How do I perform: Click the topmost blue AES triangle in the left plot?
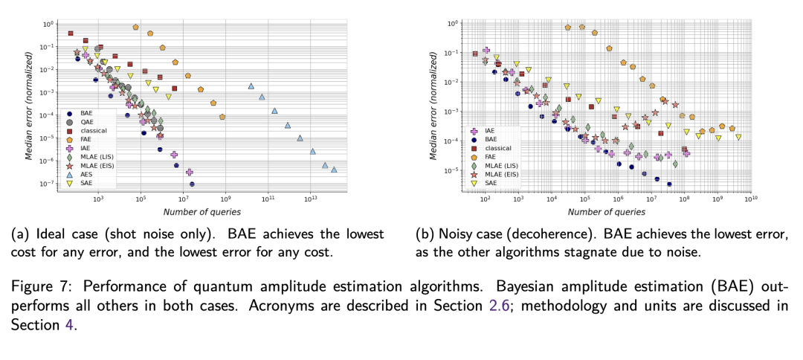(251, 86)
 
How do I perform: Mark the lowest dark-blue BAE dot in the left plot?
(192, 184)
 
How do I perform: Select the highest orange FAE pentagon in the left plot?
(135, 27)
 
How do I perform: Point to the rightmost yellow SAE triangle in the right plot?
(738, 137)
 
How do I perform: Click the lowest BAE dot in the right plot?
(669, 184)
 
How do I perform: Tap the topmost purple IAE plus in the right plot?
(486, 51)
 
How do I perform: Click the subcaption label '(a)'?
(19, 234)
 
